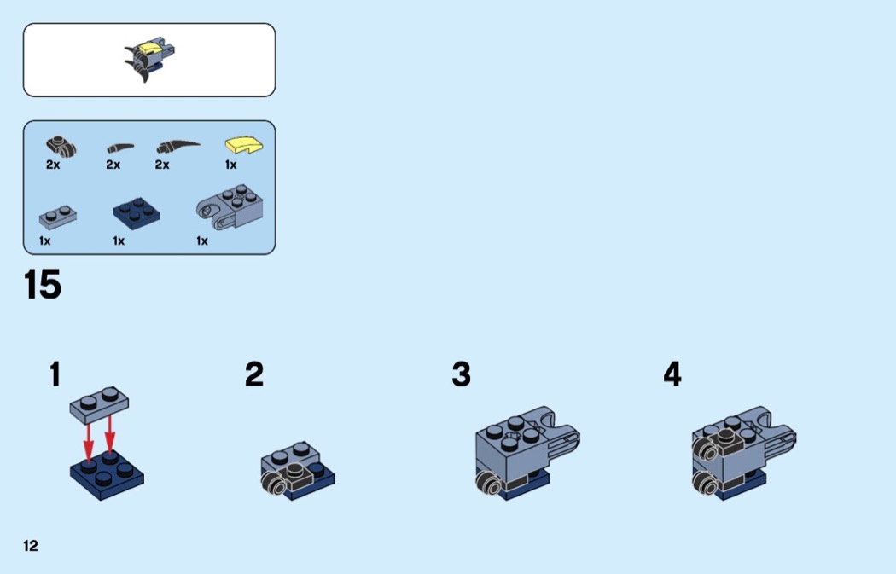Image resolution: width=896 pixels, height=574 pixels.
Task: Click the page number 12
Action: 30,546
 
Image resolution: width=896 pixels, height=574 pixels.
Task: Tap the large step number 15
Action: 43,284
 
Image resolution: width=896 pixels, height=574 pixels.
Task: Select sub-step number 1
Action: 55,374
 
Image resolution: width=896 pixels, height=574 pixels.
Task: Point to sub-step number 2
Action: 254,374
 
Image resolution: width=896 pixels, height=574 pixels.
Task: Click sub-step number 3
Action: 461,374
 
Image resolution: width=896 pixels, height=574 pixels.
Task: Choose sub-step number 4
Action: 672,374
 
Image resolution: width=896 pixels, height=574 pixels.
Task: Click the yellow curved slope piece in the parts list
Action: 245,144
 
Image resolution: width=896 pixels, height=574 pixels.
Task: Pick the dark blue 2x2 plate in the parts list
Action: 136,213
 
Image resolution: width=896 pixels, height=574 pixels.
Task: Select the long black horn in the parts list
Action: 177,147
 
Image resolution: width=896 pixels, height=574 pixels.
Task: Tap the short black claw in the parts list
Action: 120,148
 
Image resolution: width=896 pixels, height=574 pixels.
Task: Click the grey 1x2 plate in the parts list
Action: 58,217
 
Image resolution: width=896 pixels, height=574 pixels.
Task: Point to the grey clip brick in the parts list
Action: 230,206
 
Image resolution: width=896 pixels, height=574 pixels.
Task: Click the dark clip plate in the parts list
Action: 61,146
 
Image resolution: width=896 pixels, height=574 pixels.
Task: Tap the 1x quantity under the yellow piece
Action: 230,165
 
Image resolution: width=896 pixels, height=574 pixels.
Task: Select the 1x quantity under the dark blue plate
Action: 119,241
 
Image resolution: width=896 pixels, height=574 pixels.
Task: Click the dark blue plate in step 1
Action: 107,474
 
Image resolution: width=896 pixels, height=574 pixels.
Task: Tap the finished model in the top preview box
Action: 149,60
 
